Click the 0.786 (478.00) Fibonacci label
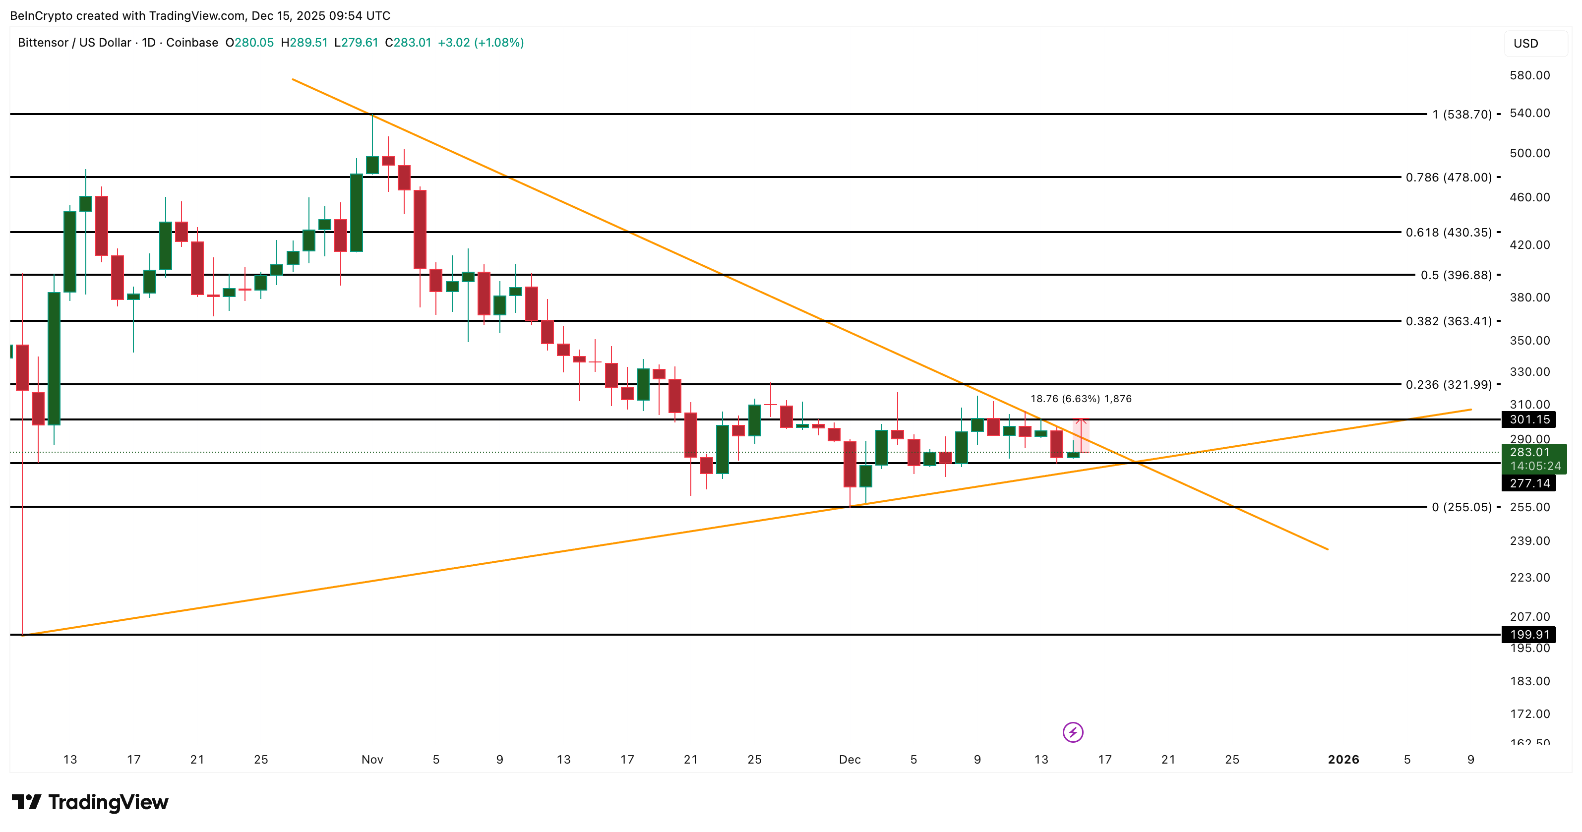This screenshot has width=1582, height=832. (x=1448, y=178)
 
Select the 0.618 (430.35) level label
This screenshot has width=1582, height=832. (x=1448, y=233)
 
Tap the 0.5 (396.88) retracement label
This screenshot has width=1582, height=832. (x=1456, y=275)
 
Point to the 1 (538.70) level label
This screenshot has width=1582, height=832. (x=1461, y=114)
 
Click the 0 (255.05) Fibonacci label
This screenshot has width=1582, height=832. (x=1461, y=507)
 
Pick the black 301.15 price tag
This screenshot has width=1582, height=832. (x=1529, y=420)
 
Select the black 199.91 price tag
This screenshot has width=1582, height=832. (x=1529, y=635)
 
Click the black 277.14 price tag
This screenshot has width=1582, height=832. (x=1529, y=484)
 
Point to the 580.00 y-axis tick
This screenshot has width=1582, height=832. (x=1529, y=75)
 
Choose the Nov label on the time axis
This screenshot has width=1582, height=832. (x=372, y=760)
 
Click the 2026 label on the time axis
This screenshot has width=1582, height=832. (x=1343, y=760)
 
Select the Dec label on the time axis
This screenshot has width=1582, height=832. (x=850, y=760)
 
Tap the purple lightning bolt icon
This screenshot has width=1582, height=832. (x=1073, y=732)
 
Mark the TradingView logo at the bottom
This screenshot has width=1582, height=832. (x=90, y=803)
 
